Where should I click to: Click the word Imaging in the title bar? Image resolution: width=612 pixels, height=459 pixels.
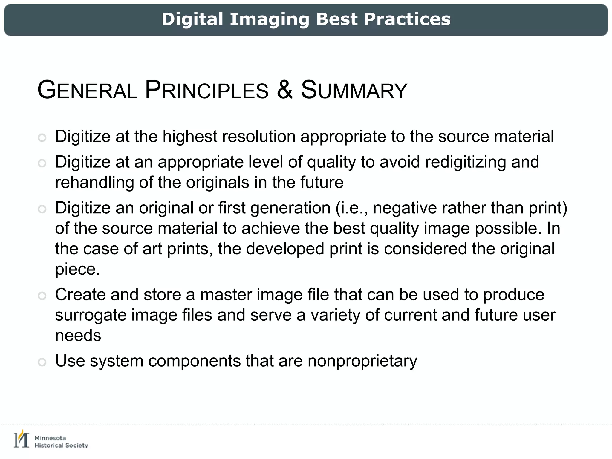(x=270, y=20)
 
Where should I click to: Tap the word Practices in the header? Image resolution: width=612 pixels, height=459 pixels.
(x=407, y=20)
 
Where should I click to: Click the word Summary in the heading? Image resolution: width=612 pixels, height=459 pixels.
(x=354, y=90)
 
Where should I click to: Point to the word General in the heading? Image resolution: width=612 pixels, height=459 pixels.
(x=87, y=90)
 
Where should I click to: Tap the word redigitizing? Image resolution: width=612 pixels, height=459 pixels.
(x=465, y=162)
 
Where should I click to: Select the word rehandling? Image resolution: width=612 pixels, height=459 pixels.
(x=94, y=182)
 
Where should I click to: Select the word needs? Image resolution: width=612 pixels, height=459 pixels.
(x=78, y=335)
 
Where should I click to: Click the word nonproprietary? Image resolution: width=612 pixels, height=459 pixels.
(x=362, y=361)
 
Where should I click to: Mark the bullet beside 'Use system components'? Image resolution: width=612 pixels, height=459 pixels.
(x=42, y=362)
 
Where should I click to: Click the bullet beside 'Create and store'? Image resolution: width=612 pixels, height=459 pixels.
(x=42, y=296)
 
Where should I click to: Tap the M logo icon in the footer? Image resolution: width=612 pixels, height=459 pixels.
(x=22, y=439)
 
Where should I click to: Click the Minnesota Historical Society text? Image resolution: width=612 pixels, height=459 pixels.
(x=61, y=442)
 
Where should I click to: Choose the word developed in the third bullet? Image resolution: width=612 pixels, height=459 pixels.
(x=285, y=249)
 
